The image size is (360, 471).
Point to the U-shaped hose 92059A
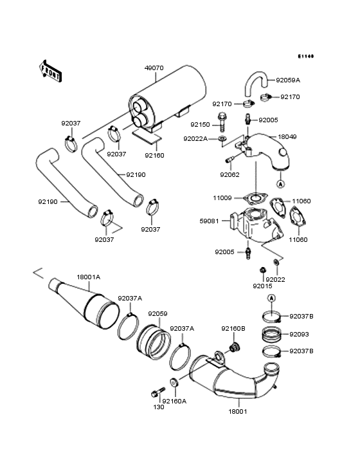click(x=253, y=84)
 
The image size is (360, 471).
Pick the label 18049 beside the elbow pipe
click(x=286, y=137)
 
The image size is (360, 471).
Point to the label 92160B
click(x=233, y=329)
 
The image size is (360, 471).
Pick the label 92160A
click(x=174, y=401)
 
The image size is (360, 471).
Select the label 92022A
click(x=195, y=138)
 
